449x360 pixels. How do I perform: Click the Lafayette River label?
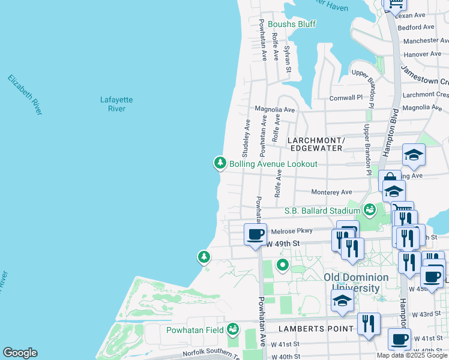tap(116, 104)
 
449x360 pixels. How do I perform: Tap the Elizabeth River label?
tap(25, 95)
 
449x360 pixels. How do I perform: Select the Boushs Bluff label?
tap(292, 24)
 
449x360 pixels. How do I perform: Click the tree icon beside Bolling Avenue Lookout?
tap(220, 163)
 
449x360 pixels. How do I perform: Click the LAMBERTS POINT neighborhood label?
tap(313, 329)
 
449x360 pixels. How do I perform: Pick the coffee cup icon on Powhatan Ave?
tap(255, 233)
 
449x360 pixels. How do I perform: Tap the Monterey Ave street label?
tap(331, 192)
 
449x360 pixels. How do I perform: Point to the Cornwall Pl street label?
tap(346, 97)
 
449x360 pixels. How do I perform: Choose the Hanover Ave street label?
tap(423, 54)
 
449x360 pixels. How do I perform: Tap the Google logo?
tap(20, 353)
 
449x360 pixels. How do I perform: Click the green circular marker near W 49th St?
tap(282, 265)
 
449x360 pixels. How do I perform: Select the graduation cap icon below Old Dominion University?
tap(342, 302)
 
